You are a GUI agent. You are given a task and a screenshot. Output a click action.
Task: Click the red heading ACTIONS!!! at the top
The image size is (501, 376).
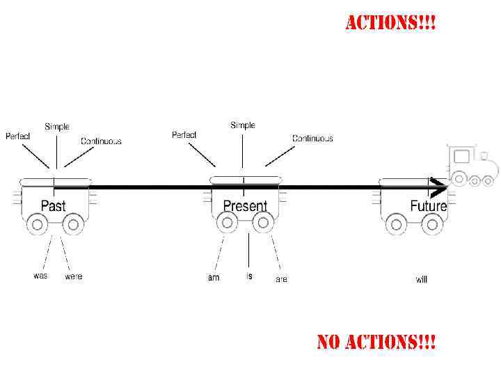pyautogui.click(x=391, y=23)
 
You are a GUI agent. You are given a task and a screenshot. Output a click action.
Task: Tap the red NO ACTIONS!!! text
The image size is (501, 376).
pyautogui.click(x=376, y=342)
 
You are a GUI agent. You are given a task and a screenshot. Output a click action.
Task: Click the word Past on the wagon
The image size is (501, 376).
pyautogui.click(x=54, y=205)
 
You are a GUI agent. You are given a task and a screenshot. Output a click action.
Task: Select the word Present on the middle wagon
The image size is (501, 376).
pyautogui.click(x=245, y=206)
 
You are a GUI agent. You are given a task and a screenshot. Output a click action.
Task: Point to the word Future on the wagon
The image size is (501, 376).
pyautogui.click(x=428, y=206)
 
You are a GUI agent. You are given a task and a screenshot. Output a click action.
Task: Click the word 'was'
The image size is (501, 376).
pyautogui.click(x=41, y=276)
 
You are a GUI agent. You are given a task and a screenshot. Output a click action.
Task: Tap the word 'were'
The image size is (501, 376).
pyautogui.click(x=73, y=276)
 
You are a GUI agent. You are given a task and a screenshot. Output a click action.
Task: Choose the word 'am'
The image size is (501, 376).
pyautogui.click(x=214, y=278)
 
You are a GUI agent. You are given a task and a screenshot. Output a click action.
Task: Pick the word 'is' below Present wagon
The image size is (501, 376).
pyautogui.click(x=249, y=276)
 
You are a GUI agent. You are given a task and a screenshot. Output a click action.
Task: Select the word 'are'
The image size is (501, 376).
pyautogui.click(x=281, y=279)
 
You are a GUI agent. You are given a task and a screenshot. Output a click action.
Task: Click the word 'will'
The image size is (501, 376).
pyautogui.click(x=422, y=279)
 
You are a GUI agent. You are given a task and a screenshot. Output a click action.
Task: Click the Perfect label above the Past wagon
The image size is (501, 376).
pyautogui.click(x=18, y=136)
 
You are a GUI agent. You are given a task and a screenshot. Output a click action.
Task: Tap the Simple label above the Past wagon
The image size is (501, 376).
pyautogui.click(x=57, y=127)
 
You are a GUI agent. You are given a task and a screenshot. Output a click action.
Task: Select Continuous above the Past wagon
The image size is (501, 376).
pyautogui.click(x=101, y=141)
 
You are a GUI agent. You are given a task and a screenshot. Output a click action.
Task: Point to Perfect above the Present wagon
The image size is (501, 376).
pyautogui.click(x=184, y=134)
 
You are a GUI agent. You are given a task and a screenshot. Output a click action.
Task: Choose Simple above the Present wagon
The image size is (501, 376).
pyautogui.click(x=243, y=125)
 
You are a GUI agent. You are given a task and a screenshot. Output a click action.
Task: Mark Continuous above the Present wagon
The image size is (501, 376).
pyautogui.click(x=312, y=139)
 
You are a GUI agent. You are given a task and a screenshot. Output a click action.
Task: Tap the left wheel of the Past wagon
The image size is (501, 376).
pyautogui.click(x=38, y=224)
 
